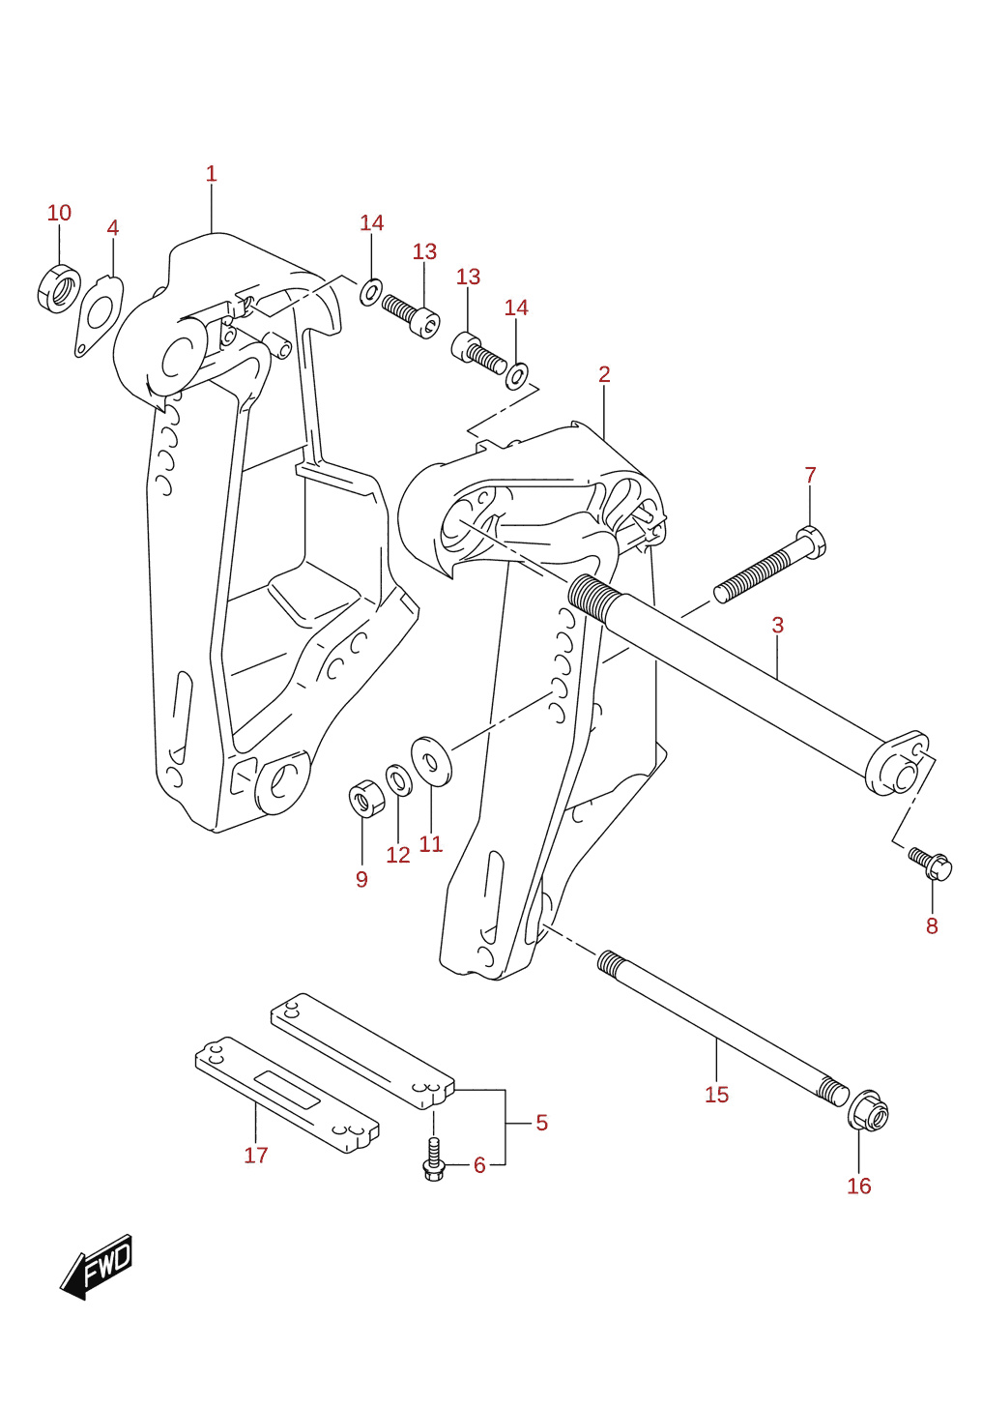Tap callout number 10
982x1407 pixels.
click(x=60, y=213)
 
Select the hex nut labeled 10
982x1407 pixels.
click(x=58, y=289)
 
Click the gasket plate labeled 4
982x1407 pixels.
click(x=99, y=316)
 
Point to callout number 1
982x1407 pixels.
click(x=211, y=173)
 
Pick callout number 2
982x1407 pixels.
click(x=604, y=374)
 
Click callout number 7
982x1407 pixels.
click(x=810, y=475)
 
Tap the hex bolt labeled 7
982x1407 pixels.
click(x=769, y=565)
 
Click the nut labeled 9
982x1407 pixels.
click(x=362, y=798)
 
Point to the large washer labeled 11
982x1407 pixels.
click(x=431, y=762)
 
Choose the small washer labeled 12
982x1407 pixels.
click(x=397, y=780)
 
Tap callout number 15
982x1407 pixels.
click(x=716, y=1095)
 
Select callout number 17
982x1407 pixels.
click(x=255, y=1155)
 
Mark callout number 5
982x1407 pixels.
click(x=542, y=1123)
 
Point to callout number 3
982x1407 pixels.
click(x=777, y=625)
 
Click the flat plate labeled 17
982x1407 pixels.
click(x=288, y=1095)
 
